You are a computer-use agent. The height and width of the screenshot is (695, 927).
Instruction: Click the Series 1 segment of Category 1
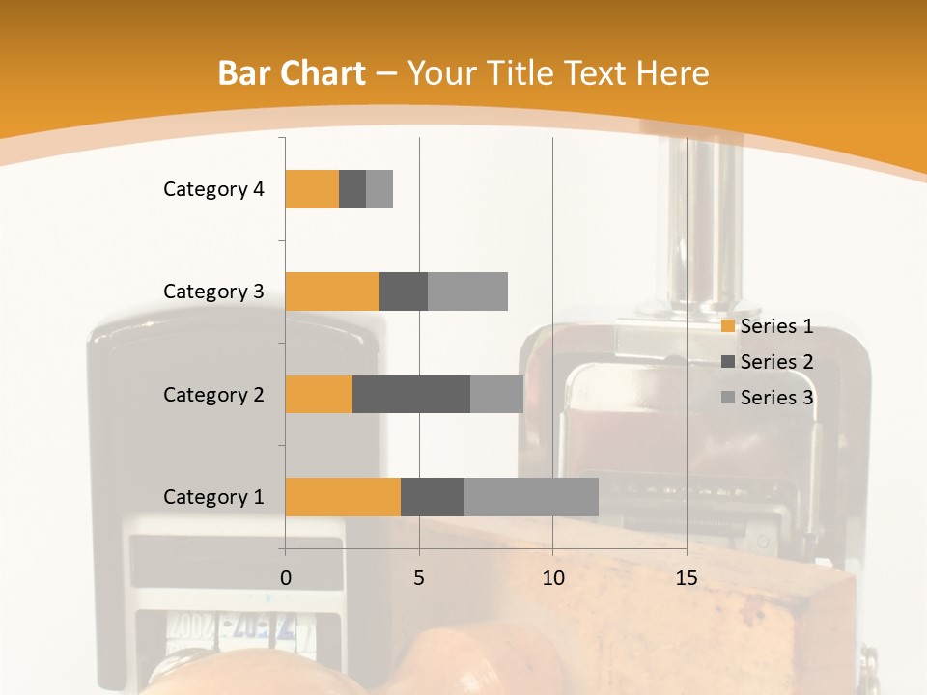tap(343, 496)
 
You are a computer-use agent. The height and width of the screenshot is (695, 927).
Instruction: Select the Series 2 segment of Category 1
tap(433, 496)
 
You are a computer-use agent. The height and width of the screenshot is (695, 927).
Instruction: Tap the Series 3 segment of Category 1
tap(531, 496)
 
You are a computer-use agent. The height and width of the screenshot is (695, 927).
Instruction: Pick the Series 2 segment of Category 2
tap(411, 394)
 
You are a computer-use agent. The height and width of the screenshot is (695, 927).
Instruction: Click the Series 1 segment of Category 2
tap(319, 394)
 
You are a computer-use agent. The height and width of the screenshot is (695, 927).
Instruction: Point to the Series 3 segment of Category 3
tap(467, 292)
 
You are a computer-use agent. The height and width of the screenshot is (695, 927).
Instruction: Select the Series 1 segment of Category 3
tap(332, 292)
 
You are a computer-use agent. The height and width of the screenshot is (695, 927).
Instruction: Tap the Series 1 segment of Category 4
tap(312, 189)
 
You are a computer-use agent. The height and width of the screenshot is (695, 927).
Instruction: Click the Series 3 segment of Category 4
tap(379, 189)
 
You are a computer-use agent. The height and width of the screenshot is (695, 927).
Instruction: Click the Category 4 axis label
tap(213, 189)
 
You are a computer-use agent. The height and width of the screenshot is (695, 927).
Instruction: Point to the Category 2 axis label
tap(213, 394)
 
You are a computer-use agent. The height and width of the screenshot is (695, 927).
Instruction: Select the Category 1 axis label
tap(213, 497)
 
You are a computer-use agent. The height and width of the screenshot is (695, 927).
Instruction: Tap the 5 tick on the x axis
tap(419, 578)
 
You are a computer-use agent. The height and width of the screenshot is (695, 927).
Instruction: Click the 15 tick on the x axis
tap(686, 578)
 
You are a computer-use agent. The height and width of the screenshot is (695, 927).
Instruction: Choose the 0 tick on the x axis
tap(285, 578)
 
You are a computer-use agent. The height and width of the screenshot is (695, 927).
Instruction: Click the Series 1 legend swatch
tap(728, 326)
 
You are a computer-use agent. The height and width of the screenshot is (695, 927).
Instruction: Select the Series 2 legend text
tap(776, 362)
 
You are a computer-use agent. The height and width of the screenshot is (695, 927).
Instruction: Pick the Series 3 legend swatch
tap(728, 398)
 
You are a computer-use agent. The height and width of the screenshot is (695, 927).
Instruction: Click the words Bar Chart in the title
tap(292, 73)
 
